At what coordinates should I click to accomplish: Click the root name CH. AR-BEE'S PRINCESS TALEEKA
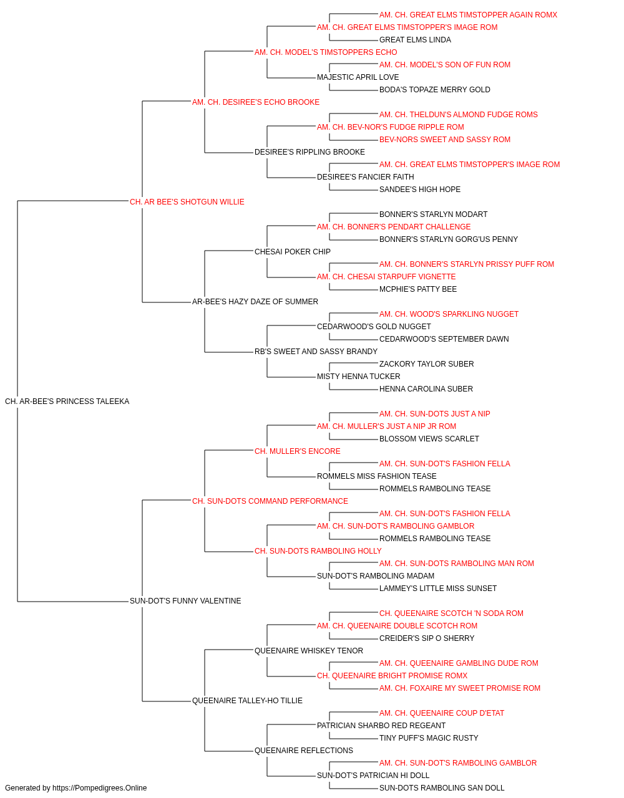point(67,401)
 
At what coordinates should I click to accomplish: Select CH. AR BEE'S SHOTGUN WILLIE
point(187,202)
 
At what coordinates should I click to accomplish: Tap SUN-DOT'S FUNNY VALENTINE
point(185,601)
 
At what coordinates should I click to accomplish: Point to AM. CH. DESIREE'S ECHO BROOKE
point(256,102)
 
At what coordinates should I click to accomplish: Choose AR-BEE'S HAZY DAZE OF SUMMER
point(255,302)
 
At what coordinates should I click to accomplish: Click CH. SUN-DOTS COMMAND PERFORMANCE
point(270,501)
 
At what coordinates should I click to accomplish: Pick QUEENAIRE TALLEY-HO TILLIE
point(247,701)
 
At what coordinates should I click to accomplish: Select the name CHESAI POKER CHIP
point(293,252)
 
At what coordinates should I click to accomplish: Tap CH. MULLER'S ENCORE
point(298,451)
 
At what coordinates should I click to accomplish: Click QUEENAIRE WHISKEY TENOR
point(309,651)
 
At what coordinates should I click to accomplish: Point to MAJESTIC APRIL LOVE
point(358,77)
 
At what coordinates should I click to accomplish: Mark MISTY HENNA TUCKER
point(359,377)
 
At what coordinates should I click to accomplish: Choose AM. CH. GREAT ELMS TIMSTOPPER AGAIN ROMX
point(468,15)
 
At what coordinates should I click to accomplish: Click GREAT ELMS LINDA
point(415,40)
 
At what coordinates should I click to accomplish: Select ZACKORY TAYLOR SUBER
point(427,364)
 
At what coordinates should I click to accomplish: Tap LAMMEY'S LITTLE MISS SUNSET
point(438,589)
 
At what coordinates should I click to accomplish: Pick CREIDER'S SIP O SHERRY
point(427,638)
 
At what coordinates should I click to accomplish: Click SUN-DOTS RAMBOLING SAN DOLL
point(442,788)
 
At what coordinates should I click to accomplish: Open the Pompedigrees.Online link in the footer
point(100,788)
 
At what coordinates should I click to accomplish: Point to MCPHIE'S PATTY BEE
point(418,289)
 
